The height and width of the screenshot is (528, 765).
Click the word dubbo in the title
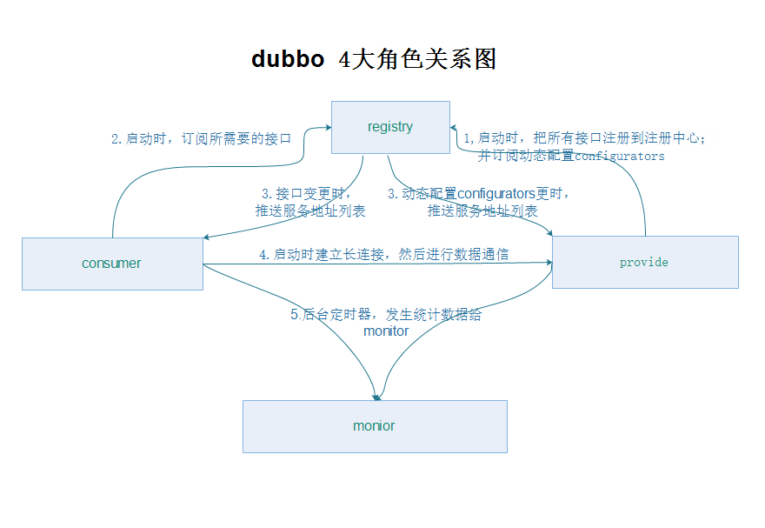pyautogui.click(x=288, y=59)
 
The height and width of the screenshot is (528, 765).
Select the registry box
pyautogui.click(x=390, y=127)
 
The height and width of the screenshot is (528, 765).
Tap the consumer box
pyautogui.click(x=112, y=264)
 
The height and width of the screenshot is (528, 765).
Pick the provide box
pyautogui.click(x=645, y=262)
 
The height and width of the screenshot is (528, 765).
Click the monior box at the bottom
pyautogui.click(x=375, y=426)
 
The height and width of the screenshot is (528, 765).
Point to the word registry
pyautogui.click(x=390, y=127)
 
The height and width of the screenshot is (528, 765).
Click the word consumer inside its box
pyautogui.click(x=111, y=264)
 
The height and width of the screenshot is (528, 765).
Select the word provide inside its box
pyautogui.click(x=644, y=263)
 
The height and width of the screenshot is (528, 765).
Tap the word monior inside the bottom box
pyautogui.click(x=374, y=426)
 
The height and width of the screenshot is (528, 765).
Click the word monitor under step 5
pyautogui.click(x=386, y=331)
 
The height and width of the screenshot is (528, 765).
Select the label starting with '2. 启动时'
pyautogui.click(x=201, y=139)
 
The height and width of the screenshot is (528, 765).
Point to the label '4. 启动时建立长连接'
pyautogui.click(x=384, y=254)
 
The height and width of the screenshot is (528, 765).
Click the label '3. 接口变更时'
pyautogui.click(x=306, y=194)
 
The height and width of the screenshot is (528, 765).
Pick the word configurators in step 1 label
pyautogui.click(x=620, y=157)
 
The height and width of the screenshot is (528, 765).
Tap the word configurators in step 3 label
pyautogui.click(x=496, y=194)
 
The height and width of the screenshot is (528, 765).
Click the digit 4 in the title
pyautogui.click(x=345, y=60)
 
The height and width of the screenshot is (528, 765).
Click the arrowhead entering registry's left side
pyautogui.click(x=329, y=127)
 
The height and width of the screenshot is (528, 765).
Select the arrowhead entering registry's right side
pyautogui.click(x=453, y=127)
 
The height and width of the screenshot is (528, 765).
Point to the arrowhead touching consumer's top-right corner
pyautogui.click(x=206, y=237)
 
